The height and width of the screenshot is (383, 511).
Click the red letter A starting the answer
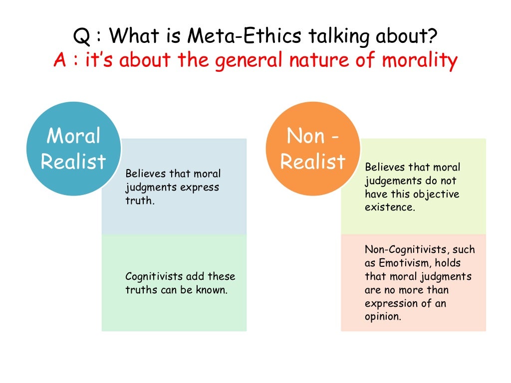(x=60, y=61)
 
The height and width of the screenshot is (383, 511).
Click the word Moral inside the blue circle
(x=73, y=136)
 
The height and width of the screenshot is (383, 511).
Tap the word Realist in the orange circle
(x=313, y=161)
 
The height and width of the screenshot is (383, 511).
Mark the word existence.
(x=390, y=207)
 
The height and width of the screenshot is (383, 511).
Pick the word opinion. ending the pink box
(x=383, y=317)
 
